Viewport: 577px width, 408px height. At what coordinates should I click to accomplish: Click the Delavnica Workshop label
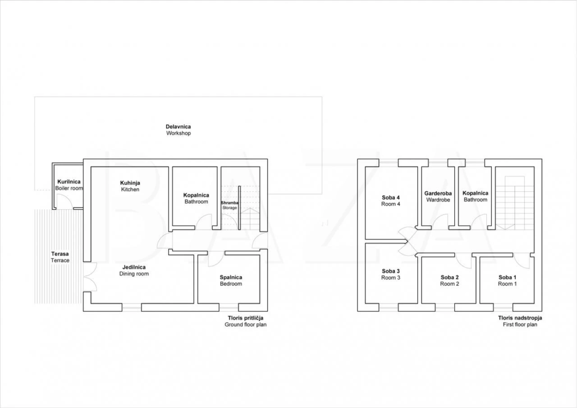[x=179, y=130]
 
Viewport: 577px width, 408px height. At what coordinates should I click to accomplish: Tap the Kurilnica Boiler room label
[x=69, y=185]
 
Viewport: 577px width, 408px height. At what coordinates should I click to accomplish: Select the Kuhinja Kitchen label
[x=131, y=186]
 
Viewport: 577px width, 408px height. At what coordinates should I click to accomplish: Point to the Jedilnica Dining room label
[x=134, y=271]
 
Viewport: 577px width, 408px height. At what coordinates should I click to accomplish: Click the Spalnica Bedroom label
[x=231, y=281]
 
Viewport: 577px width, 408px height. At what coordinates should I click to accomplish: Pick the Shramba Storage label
[x=230, y=205]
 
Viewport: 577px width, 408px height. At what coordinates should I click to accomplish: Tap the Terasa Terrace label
[x=60, y=257]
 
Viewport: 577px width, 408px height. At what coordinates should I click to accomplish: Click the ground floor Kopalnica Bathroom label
[x=196, y=198]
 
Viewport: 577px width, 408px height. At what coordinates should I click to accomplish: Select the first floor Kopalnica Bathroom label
[x=476, y=196]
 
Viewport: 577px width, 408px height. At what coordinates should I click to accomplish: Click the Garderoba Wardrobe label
[x=438, y=196]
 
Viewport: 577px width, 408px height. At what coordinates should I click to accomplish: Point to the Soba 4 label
[x=391, y=200]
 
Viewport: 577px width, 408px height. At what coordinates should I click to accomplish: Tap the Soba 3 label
[x=391, y=274]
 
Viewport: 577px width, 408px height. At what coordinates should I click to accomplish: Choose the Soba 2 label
[x=450, y=281]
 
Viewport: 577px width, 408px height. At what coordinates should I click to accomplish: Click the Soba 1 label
[x=508, y=281]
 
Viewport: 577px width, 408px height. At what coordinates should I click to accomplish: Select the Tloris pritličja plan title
[x=245, y=321]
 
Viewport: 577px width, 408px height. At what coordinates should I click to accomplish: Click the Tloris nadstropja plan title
[x=520, y=321]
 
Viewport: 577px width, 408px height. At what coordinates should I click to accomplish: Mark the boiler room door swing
[x=64, y=201]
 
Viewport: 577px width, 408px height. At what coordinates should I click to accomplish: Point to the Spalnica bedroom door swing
[x=216, y=259]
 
